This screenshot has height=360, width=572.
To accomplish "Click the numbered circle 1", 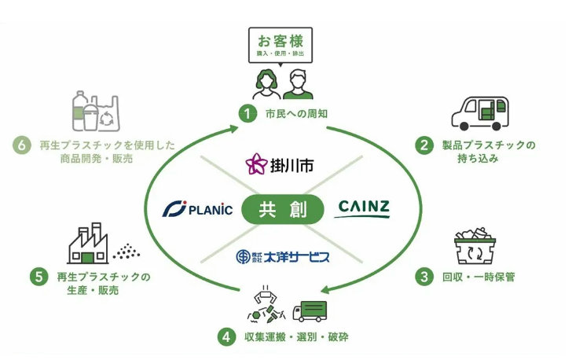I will pos(247,114).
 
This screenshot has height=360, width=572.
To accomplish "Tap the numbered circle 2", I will pos(425,145).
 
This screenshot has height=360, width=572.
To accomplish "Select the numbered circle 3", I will pos(425,276).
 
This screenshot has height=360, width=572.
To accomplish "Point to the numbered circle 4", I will pos(226,337).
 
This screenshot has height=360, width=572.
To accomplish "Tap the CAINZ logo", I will pos(363,208).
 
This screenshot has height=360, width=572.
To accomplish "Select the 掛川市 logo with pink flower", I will pos(280,164).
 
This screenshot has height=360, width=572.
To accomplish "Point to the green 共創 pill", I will pos(282,210).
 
